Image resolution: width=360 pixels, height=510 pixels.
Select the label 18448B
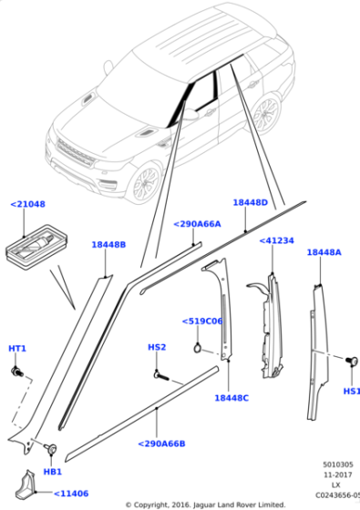108,245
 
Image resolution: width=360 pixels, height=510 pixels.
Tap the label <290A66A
198,223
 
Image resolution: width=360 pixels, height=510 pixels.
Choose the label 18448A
324,252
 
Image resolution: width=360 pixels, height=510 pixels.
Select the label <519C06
202,321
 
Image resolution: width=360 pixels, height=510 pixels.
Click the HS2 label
157,347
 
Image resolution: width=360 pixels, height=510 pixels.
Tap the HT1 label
17,349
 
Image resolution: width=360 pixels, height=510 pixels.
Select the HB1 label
53,472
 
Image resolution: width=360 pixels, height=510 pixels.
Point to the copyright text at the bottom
205,504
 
